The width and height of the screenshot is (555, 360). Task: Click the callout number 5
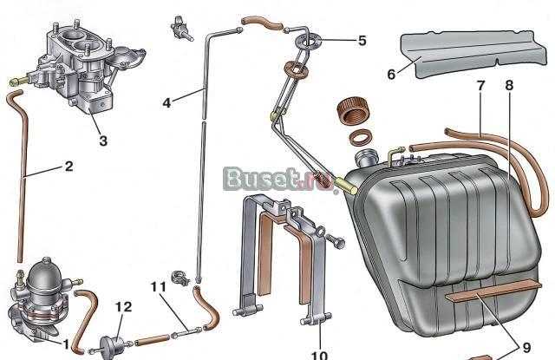coord(362,41)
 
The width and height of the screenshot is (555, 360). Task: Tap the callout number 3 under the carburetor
coord(103,141)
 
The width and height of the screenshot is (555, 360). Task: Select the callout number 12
coord(123,306)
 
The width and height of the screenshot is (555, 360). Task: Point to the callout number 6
coord(391,75)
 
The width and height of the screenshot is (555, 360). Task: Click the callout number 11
coord(158,287)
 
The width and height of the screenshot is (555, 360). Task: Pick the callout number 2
coord(69,166)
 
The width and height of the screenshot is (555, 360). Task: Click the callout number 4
coord(166,103)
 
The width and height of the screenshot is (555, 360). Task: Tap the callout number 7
coord(480,86)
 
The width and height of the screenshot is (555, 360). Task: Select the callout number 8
coord(509,85)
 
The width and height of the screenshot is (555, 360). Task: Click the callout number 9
coord(526,348)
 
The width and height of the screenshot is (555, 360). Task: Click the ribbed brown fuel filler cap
coord(355,112)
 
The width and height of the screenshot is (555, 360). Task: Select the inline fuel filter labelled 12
coord(112,345)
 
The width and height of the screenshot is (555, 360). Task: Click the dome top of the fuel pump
coord(45,273)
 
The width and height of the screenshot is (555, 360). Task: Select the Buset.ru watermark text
coord(279,179)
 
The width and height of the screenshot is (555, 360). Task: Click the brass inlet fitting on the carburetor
coord(18,81)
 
